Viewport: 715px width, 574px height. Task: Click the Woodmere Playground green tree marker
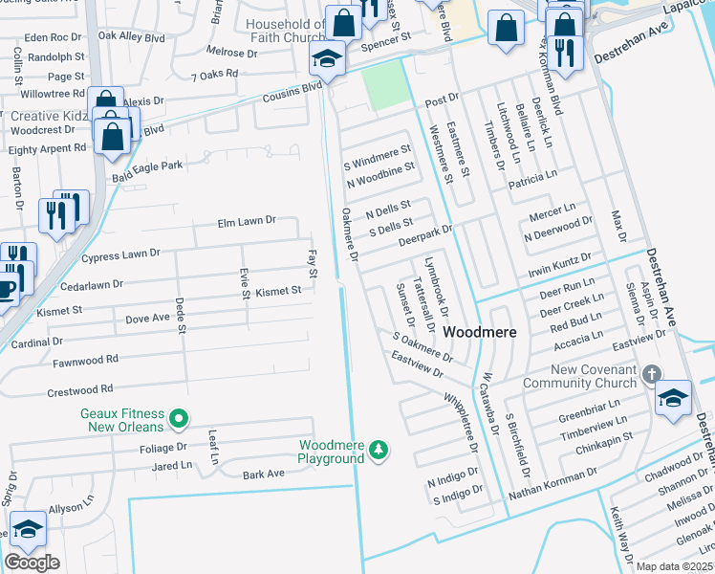[x=379, y=450]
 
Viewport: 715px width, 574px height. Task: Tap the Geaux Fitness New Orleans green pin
[x=178, y=419]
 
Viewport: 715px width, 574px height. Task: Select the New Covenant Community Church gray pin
[x=652, y=373]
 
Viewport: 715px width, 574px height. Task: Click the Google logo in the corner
[x=32, y=563]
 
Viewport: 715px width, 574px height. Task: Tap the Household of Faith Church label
[x=286, y=31]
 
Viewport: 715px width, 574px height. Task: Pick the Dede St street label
[x=180, y=315]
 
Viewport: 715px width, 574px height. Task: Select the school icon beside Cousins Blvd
[x=327, y=59]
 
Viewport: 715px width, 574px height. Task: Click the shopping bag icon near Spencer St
[x=342, y=24]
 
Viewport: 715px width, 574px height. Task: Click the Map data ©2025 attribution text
[x=674, y=566]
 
